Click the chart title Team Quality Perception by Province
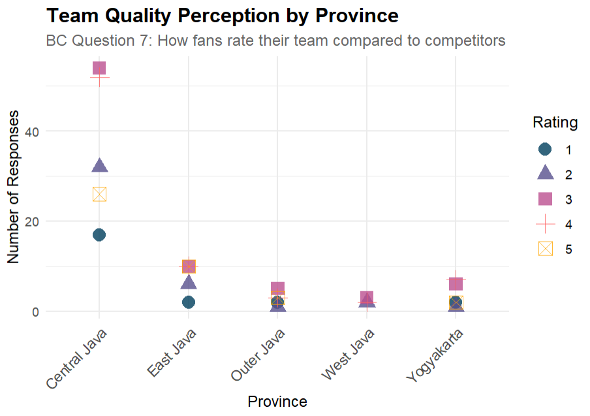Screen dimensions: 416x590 223,15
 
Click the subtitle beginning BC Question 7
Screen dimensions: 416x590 275,40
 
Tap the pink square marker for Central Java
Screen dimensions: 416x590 99,68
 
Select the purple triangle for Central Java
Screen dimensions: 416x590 99,166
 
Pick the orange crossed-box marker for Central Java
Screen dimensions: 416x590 99,194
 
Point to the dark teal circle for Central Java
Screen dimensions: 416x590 99,235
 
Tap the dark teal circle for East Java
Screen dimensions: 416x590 189,302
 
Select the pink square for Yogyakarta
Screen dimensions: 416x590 456,284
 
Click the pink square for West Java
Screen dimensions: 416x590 367,298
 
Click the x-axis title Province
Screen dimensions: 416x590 277,401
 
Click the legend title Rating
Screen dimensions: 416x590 555,122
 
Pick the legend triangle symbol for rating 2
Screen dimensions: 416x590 546,174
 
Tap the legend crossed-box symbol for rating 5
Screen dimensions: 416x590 546,249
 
